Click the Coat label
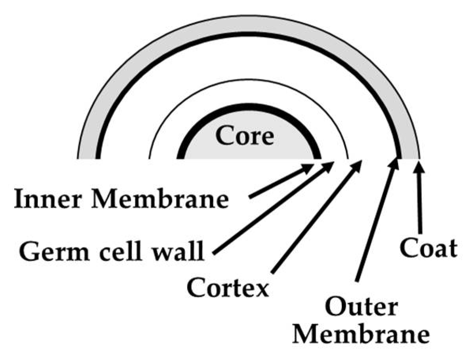428,249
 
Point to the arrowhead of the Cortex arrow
357,165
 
